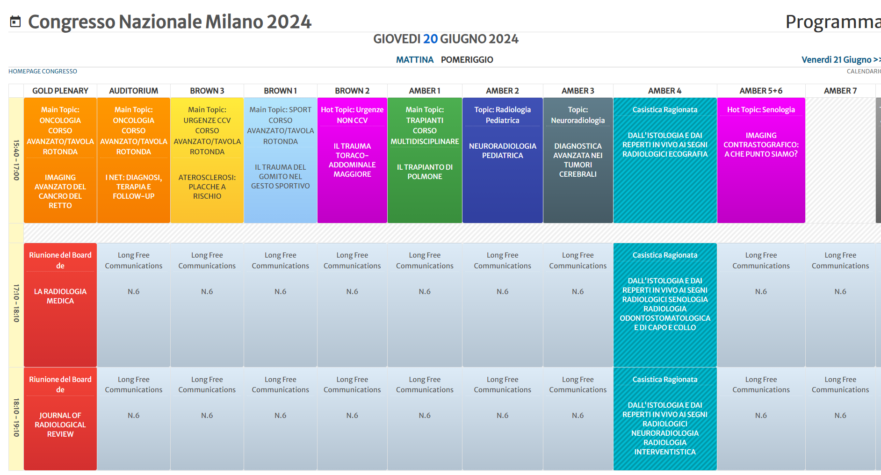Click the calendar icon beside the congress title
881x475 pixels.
coord(15,22)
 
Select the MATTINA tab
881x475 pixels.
coord(414,60)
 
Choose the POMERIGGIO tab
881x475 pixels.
coord(467,60)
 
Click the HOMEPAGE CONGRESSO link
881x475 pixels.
coord(43,72)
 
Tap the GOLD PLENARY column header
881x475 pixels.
coord(60,91)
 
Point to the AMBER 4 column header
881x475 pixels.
coord(664,91)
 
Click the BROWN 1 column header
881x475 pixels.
coord(280,91)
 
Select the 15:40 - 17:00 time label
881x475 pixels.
coord(16,160)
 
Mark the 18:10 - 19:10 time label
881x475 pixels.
coord(16,418)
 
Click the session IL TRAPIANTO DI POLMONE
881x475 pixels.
coord(425,172)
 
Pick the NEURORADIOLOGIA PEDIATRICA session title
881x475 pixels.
coord(502,151)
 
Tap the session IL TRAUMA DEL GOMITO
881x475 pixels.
coord(280,177)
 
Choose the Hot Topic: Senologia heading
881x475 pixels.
coord(761,110)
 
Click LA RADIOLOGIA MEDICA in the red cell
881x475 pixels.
coord(60,296)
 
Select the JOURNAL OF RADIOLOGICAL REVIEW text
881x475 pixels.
coord(60,425)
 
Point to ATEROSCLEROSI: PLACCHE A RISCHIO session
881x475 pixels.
coord(207,187)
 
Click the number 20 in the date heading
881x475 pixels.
coord(430,39)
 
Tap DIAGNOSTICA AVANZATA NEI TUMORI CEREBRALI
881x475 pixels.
coord(578,160)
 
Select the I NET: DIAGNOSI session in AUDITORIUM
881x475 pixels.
coord(133,187)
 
